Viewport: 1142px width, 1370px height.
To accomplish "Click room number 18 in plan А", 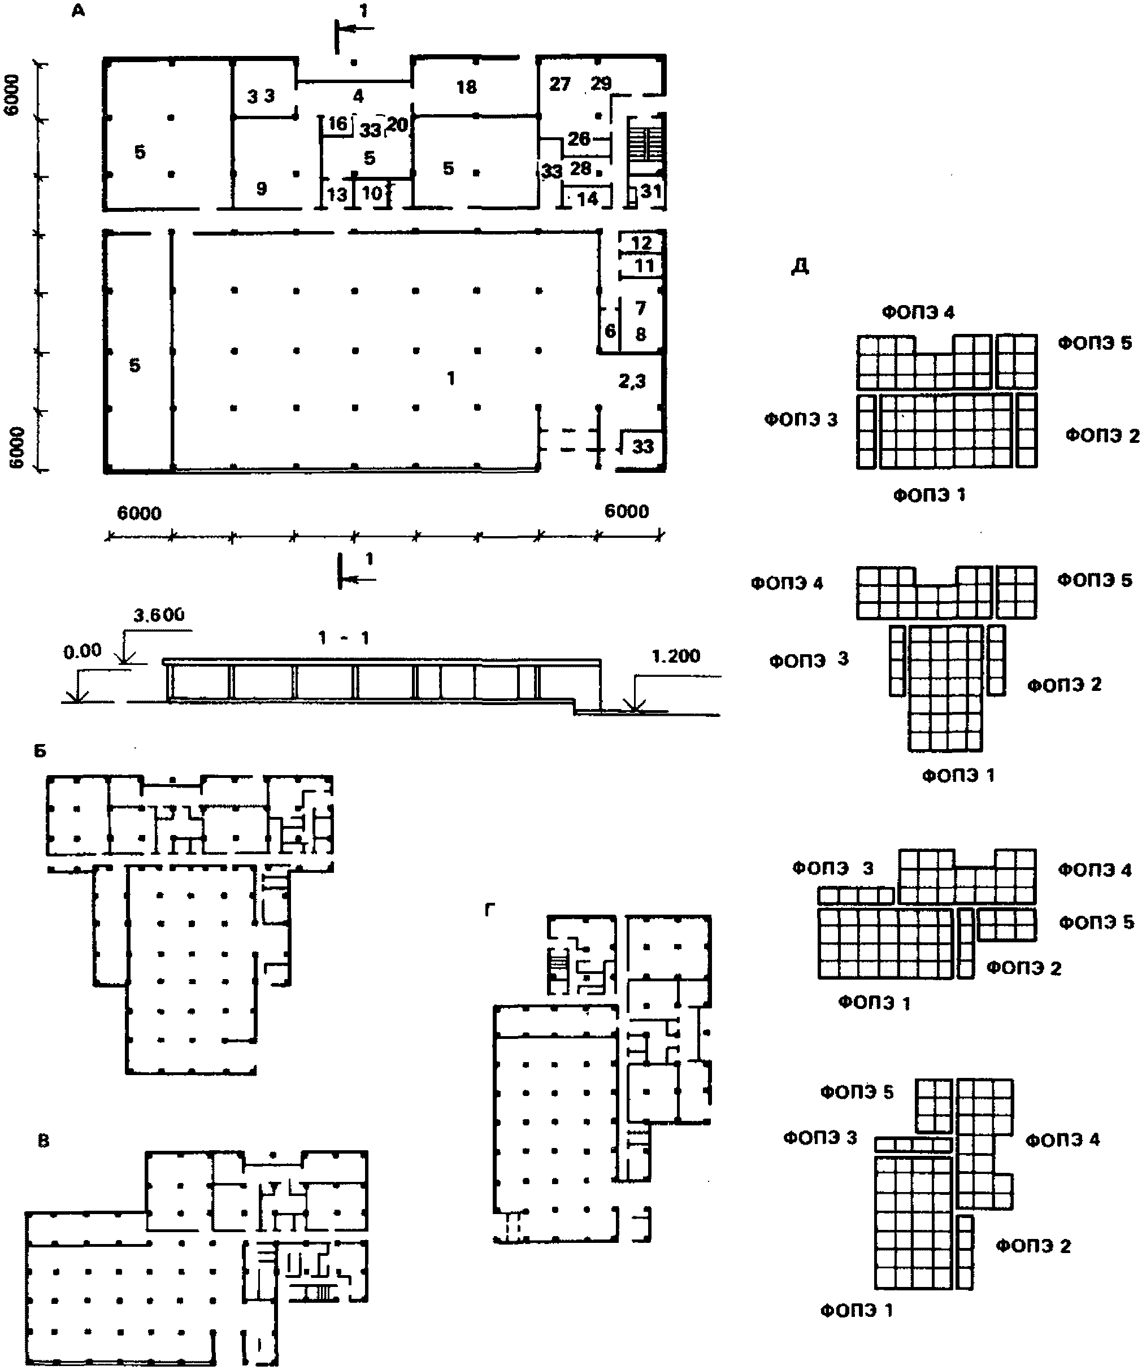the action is tap(466, 87).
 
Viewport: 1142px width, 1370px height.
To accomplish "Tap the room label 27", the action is tap(559, 84).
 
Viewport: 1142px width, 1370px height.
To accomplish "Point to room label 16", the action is tap(337, 123).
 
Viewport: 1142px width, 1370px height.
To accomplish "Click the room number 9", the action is tap(261, 189).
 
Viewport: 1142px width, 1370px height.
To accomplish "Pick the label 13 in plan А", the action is tap(337, 194).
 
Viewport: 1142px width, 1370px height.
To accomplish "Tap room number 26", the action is tap(579, 138).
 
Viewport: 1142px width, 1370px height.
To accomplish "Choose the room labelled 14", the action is tap(587, 198).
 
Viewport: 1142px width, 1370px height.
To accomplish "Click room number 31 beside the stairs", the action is tap(650, 191).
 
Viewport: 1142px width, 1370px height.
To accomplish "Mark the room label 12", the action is tap(641, 243).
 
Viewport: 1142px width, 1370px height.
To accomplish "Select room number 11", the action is tap(644, 266).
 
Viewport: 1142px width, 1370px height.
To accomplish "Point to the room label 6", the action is tap(610, 330).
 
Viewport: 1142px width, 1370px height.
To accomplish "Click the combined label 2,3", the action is tap(632, 381).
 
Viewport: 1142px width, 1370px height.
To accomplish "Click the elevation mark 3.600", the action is tap(159, 615).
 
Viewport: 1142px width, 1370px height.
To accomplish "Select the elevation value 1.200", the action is tap(675, 656).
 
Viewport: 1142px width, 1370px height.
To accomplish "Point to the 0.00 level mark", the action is tap(82, 650).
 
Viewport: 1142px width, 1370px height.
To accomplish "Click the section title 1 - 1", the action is tap(344, 637).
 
